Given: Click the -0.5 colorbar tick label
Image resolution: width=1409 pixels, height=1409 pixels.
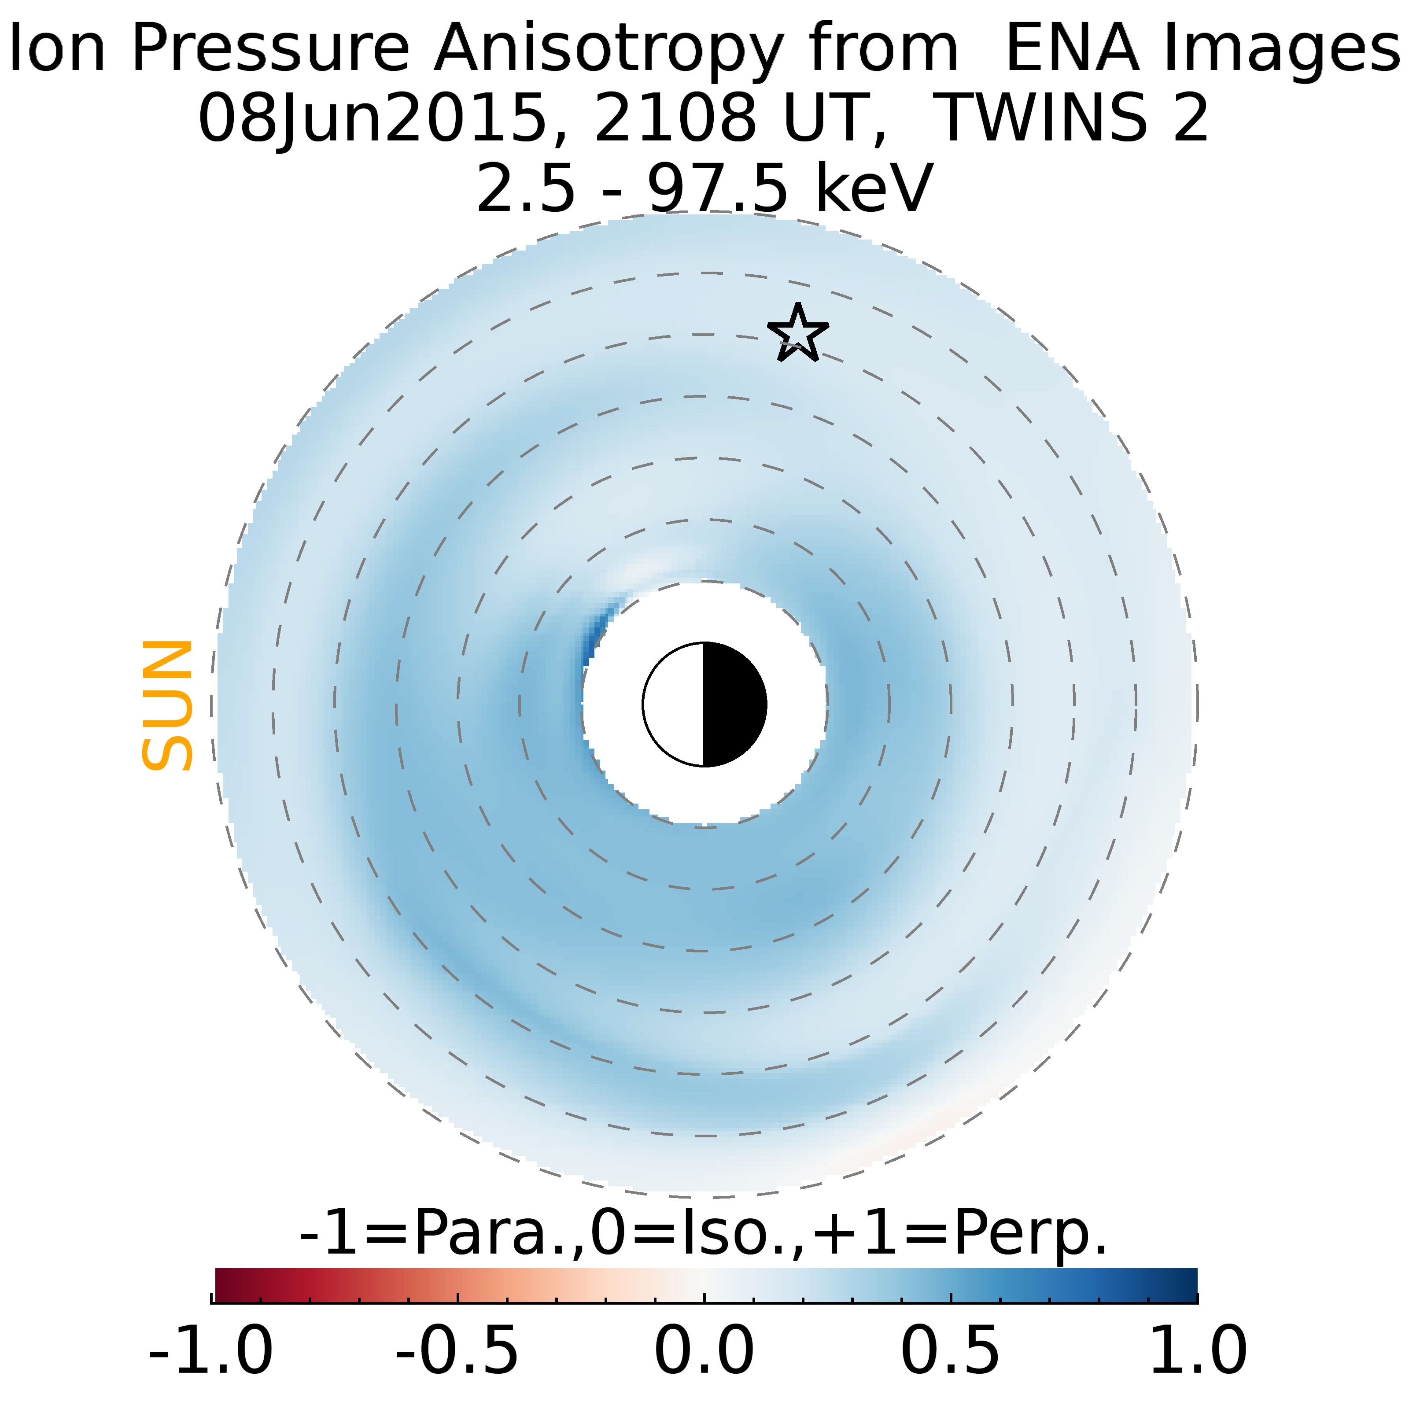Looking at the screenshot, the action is [457, 1349].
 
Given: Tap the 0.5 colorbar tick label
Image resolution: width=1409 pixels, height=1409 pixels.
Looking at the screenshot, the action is [951, 1349].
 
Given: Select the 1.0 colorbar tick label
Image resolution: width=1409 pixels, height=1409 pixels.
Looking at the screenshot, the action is [1198, 1349].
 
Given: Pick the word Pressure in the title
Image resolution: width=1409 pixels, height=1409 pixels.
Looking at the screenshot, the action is [270, 48].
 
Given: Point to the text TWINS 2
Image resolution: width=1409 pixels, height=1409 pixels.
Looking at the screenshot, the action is [1070, 118].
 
